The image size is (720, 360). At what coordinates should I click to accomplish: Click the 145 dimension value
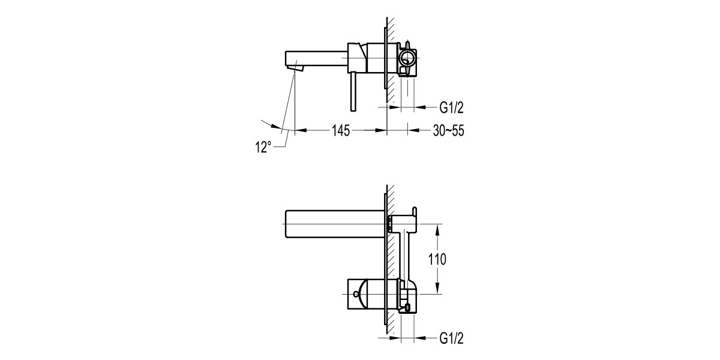point(339,130)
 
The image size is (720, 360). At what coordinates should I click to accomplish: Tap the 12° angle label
point(263,146)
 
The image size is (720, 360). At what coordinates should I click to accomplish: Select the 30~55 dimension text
point(448,130)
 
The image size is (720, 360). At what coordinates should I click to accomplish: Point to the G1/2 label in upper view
point(451,108)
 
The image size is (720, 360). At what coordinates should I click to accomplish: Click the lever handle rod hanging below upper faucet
point(353,90)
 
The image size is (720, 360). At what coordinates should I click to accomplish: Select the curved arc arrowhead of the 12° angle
point(277,127)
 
